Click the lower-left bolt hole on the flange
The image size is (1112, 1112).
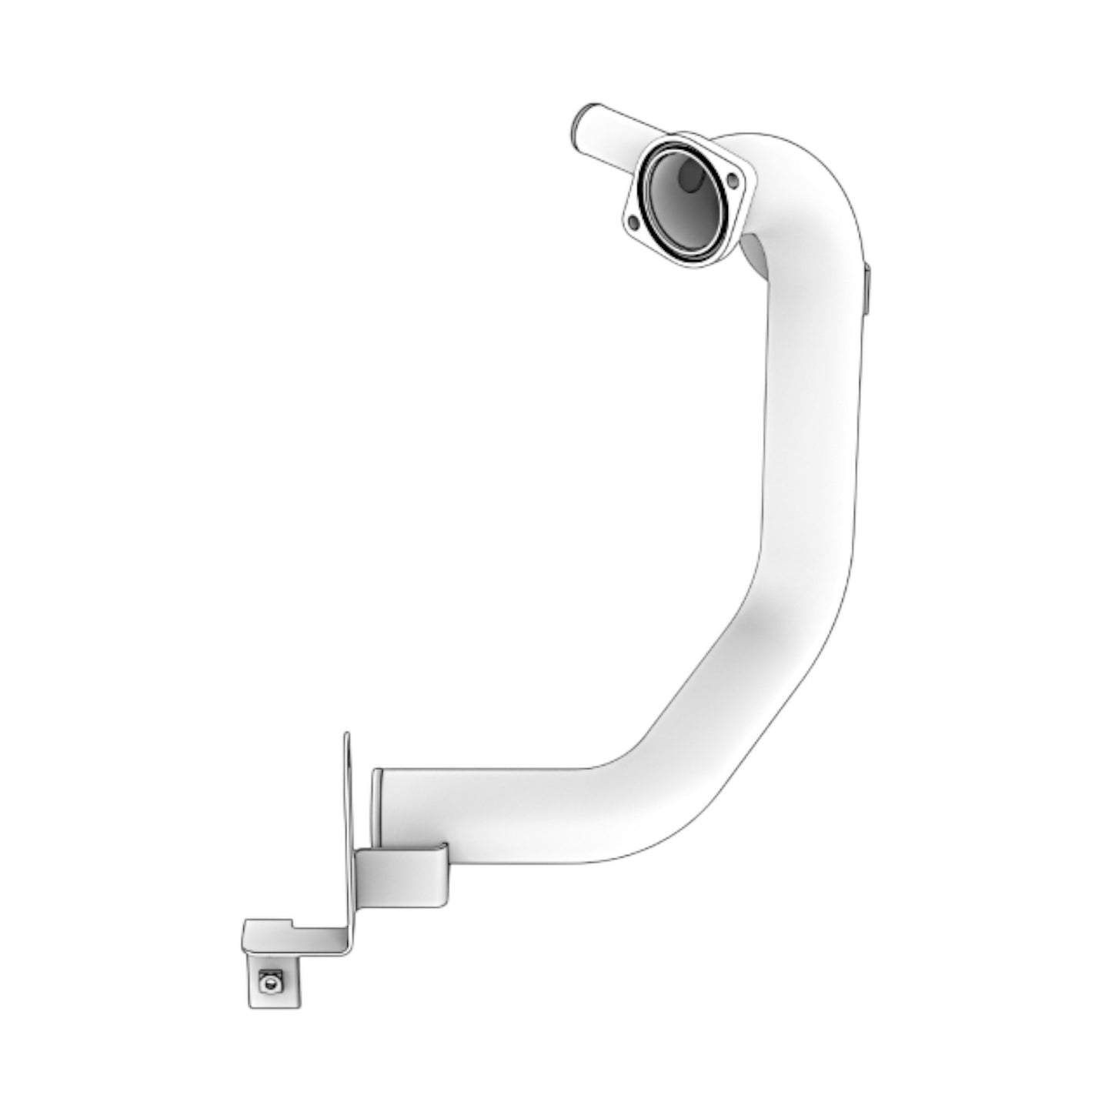[633, 222]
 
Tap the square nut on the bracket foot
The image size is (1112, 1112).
[269, 980]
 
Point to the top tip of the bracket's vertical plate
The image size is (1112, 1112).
[347, 736]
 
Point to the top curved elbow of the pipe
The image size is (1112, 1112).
[816, 185]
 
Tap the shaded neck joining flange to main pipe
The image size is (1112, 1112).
[758, 258]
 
